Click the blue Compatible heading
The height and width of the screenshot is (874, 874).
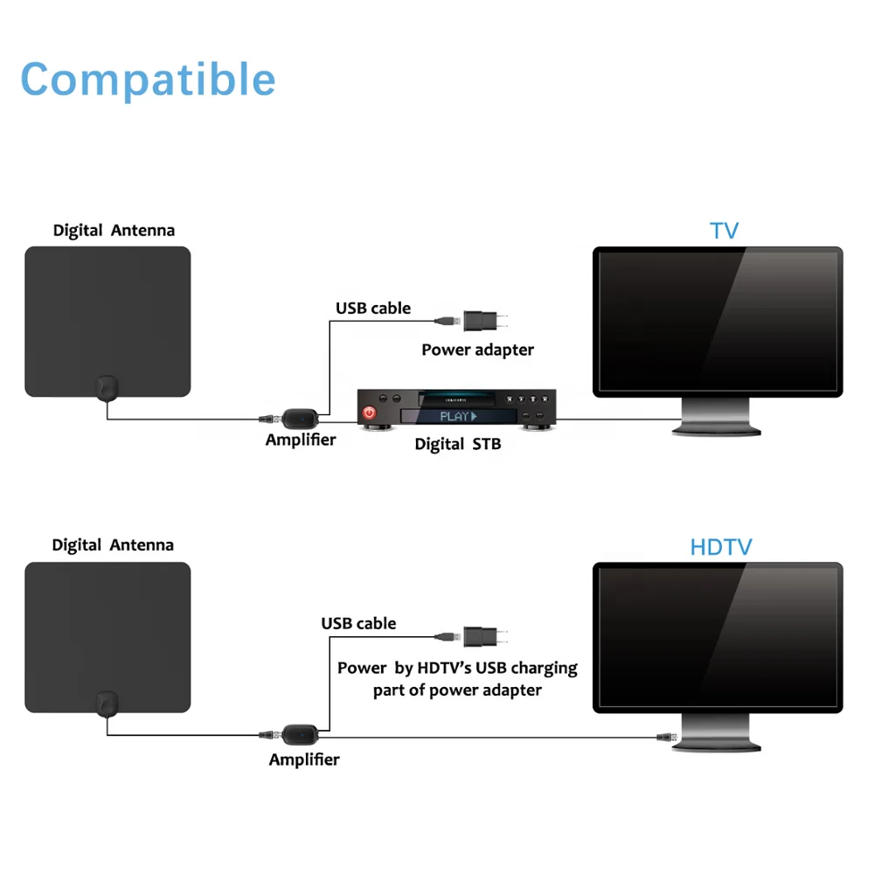[x=148, y=80]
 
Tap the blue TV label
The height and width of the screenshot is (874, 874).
[x=724, y=231]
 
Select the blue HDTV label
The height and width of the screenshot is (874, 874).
[x=720, y=548]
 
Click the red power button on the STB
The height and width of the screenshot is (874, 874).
[x=370, y=412]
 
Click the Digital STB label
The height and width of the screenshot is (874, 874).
[x=458, y=444]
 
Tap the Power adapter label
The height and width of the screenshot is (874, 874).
[x=477, y=350]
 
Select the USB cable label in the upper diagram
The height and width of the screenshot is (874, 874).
[x=373, y=308]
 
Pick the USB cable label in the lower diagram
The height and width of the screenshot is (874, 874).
[x=358, y=623]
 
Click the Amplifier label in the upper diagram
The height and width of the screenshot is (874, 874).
[x=301, y=440]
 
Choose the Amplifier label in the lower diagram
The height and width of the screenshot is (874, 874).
[x=304, y=760]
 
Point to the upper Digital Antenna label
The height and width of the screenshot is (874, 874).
[x=114, y=231]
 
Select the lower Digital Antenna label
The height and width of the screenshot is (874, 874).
[x=113, y=545]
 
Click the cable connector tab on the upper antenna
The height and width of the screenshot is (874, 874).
[x=106, y=387]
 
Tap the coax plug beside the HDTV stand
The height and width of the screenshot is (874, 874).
[x=667, y=738]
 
